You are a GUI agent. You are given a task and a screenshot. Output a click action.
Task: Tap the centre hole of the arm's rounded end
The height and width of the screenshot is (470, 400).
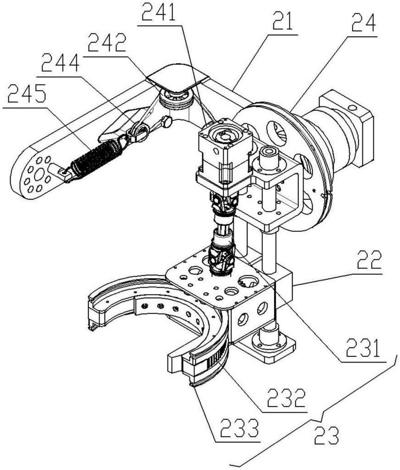37,177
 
